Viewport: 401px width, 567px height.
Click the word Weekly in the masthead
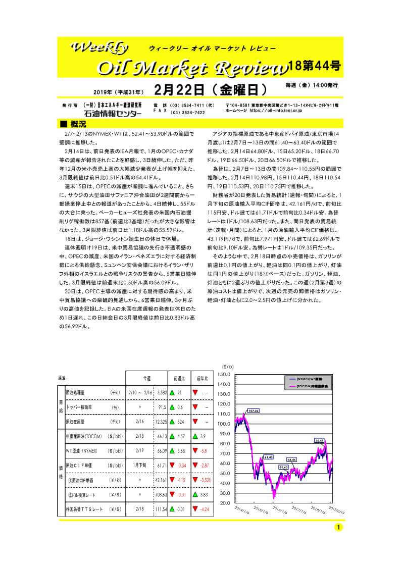[x=102, y=48]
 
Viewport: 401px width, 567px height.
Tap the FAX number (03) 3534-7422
[x=187, y=113]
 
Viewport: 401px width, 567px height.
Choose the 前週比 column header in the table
[x=179, y=378]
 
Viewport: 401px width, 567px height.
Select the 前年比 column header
[x=203, y=378]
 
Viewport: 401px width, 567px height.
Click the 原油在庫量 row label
[x=78, y=422]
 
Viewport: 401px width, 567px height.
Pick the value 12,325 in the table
[x=160, y=422]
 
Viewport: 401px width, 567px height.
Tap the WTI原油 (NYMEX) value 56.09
[x=161, y=451]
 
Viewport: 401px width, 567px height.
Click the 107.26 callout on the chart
[x=254, y=411]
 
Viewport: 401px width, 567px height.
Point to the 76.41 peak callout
[x=319, y=440]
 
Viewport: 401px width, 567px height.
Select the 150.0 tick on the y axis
[x=224, y=375]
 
